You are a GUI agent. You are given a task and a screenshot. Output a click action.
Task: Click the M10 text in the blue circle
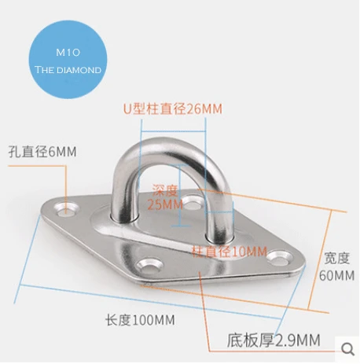(x=68, y=53)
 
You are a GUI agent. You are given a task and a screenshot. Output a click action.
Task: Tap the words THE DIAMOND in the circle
(x=68, y=70)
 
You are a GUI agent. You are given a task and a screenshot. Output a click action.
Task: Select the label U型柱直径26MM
(x=173, y=108)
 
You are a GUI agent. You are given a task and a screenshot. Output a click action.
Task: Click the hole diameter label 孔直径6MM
(x=42, y=152)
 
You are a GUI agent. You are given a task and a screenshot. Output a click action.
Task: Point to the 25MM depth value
(x=165, y=204)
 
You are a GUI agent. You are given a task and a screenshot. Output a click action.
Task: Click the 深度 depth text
(x=165, y=190)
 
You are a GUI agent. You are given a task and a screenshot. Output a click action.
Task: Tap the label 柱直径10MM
(x=230, y=252)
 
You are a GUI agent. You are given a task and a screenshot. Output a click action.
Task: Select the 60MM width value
(x=336, y=275)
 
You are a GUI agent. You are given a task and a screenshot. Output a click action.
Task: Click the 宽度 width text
(x=337, y=258)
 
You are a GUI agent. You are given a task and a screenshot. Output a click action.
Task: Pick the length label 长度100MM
(x=140, y=320)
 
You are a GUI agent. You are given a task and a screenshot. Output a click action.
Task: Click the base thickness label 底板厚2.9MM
(x=274, y=340)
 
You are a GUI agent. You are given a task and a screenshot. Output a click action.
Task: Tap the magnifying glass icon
(x=348, y=349)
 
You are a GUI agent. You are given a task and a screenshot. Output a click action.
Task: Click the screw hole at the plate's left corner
(x=67, y=209)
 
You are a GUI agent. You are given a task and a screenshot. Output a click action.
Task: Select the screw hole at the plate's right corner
(x=280, y=258)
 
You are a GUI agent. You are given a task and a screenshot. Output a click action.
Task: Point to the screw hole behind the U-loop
(x=193, y=202)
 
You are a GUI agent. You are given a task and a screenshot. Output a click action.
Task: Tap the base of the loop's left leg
(x=124, y=217)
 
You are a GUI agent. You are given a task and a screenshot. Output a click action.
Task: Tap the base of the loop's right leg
(x=219, y=236)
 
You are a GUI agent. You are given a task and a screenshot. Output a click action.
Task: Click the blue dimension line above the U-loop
(x=173, y=131)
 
